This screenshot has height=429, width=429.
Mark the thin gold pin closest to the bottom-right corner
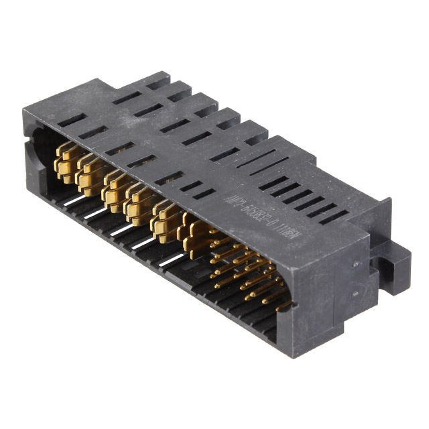click(285, 305)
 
